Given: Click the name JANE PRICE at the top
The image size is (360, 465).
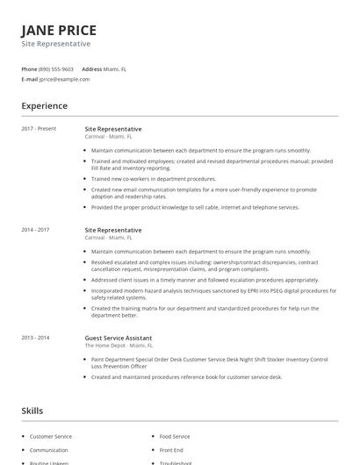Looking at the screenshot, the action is tap(59, 30).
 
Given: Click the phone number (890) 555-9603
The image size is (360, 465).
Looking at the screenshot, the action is tap(56, 68).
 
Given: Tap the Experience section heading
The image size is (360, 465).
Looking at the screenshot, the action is tap(44, 106).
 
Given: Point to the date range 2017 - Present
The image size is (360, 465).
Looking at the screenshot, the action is tap(39, 128).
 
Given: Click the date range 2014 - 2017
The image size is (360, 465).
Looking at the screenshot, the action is tap(35, 230).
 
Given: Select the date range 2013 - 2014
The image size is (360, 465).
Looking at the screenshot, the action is tap(35, 338).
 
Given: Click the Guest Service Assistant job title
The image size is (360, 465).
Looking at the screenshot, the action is tap(118, 338).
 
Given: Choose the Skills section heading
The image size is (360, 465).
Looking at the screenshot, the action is tap(32, 411).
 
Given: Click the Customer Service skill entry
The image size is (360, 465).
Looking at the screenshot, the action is tap(51, 436).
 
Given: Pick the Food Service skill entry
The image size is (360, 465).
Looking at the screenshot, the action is tap(174, 436).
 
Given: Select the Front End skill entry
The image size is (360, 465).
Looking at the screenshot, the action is tap(171, 450).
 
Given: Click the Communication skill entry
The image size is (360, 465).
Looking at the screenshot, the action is tap(49, 450).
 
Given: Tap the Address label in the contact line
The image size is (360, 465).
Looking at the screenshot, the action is tap(92, 68).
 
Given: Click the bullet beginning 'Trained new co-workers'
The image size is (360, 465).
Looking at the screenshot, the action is tap(153, 178).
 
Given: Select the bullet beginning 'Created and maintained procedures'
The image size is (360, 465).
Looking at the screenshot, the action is tap(186, 376).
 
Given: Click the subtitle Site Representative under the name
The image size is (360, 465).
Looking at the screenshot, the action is tap(55, 44).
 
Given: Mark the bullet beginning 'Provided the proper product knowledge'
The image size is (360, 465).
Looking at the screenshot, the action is tap(195, 207).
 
